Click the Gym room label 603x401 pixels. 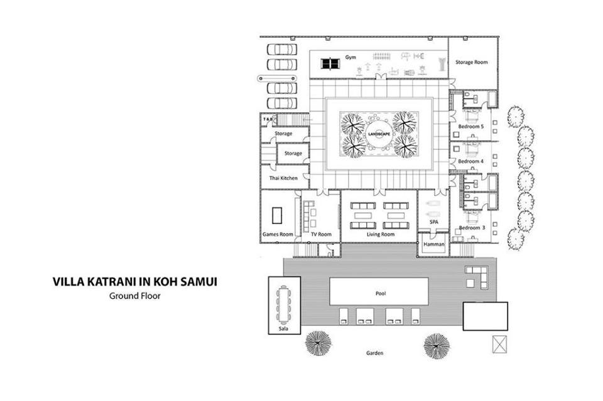coord(350,58)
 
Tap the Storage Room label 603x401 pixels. coord(472,62)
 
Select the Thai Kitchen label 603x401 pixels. coord(283,178)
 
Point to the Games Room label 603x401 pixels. coord(278,234)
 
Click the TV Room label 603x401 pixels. coord(321,234)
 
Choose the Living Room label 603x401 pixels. coord(381,234)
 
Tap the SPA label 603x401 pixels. coord(434,222)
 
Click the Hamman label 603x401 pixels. coord(434,244)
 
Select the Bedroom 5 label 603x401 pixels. coord(471,126)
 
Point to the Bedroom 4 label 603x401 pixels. coord(471,161)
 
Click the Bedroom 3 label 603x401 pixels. coord(472,228)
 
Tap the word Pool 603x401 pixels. coord(381,294)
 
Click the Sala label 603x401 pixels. coord(283,329)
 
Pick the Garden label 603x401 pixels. coord(374,353)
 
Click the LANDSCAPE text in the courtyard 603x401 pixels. coord(379,134)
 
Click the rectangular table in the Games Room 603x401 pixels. coord(277,215)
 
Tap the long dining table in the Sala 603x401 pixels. coord(283,304)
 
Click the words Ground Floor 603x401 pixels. coord(135,296)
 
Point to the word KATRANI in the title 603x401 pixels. coord(112,282)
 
